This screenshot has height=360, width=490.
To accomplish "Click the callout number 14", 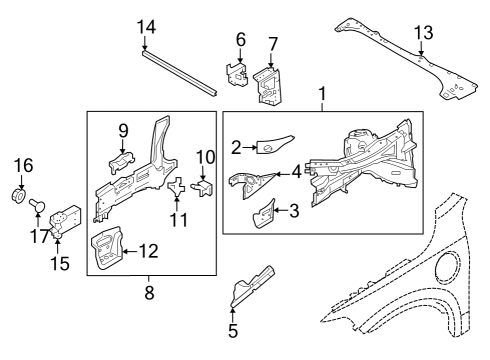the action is point(146,27).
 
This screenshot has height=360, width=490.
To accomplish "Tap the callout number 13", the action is point(423,33).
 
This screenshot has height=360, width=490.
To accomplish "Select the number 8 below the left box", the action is point(149,293).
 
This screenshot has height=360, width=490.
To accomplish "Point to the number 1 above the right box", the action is point(322,94).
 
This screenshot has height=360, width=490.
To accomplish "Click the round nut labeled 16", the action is point(19,195).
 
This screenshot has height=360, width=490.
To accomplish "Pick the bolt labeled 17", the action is point(37,205).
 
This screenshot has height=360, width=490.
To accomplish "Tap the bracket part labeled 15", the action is point(65,220).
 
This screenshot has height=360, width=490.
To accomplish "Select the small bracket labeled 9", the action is point(122,161).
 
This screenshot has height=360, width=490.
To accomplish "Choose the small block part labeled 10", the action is point(203,188).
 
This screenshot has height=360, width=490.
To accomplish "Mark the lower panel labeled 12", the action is point(107,247).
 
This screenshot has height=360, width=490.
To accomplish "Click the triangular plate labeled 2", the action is point(275,144).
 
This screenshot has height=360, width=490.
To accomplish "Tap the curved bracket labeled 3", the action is point(264,214).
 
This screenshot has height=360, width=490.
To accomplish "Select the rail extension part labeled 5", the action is point(252,286).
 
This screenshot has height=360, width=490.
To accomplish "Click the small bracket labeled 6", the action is point(237,75).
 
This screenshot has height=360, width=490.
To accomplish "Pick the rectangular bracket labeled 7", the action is point(267,85).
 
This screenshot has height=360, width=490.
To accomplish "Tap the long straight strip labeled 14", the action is point(179,74).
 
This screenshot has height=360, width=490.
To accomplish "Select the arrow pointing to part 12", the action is point(130,251).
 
